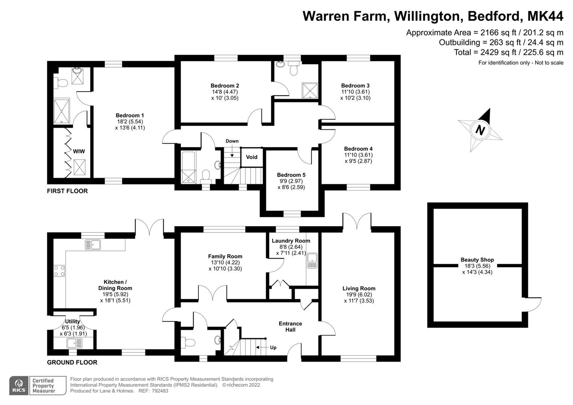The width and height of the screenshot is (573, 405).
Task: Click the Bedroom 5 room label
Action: tap(291, 175)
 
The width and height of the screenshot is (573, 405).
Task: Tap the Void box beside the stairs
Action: tap(251, 157)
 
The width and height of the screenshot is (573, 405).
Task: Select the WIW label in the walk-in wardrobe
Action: tap(79, 151)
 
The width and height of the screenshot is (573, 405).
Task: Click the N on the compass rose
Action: tap(480, 130)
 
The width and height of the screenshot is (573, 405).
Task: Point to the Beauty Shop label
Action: tap(477, 259)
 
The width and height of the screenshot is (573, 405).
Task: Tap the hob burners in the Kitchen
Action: tap(59, 271)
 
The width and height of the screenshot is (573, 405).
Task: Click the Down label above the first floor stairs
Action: tap(232, 141)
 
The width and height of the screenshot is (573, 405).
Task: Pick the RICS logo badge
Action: tap(18, 385)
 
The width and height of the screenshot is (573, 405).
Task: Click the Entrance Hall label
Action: tap(290, 326)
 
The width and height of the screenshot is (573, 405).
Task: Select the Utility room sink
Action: tap(74, 343)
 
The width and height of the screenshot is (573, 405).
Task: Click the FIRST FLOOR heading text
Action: tap(67, 191)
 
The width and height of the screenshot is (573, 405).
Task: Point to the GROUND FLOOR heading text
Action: tap(72, 362)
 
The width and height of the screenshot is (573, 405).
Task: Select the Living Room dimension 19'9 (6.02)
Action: tap(359, 294)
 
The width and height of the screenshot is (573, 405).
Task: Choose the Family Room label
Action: tap(225, 256)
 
